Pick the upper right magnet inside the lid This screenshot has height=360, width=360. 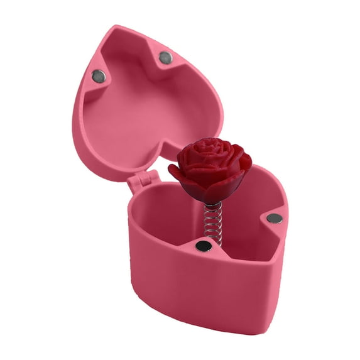tap(165, 58)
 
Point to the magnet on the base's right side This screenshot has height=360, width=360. tap(275, 219)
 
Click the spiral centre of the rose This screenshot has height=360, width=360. tap(209, 151)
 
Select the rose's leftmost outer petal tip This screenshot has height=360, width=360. tap(171, 168)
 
